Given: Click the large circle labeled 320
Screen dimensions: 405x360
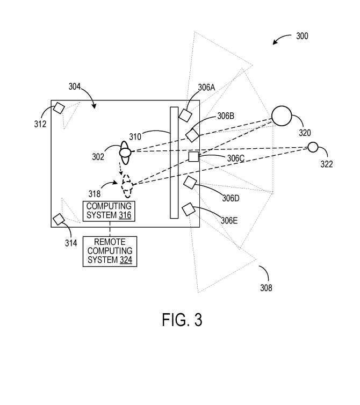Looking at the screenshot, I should (282, 116).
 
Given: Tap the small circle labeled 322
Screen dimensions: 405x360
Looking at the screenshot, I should (313, 147).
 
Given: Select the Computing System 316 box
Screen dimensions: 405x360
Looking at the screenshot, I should (109, 211).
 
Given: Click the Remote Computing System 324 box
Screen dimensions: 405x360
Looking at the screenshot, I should (110, 251).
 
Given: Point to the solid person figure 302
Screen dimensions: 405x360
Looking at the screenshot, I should (125, 153).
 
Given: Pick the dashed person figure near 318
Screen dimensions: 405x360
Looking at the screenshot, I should (127, 185).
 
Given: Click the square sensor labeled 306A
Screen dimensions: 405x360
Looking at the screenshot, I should (185, 115).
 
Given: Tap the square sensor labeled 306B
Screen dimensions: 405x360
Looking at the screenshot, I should (192, 135).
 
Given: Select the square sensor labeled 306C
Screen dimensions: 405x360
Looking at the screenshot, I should (193, 156).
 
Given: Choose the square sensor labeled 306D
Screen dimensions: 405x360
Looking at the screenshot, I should (189, 183).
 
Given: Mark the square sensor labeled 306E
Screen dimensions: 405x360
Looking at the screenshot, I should (188, 209).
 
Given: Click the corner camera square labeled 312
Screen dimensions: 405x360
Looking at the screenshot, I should (59, 108).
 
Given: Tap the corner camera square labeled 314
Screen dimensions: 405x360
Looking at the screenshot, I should (59, 219).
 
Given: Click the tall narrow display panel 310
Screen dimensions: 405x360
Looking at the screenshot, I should (174, 163).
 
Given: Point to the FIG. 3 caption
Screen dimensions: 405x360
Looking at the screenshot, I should (182, 320).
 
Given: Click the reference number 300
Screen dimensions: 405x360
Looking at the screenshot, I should (302, 37).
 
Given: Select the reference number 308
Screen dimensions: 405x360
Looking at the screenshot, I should (265, 288).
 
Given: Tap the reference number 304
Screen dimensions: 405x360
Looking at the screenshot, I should (75, 86).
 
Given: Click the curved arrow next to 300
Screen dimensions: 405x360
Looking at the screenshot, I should (280, 40).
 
